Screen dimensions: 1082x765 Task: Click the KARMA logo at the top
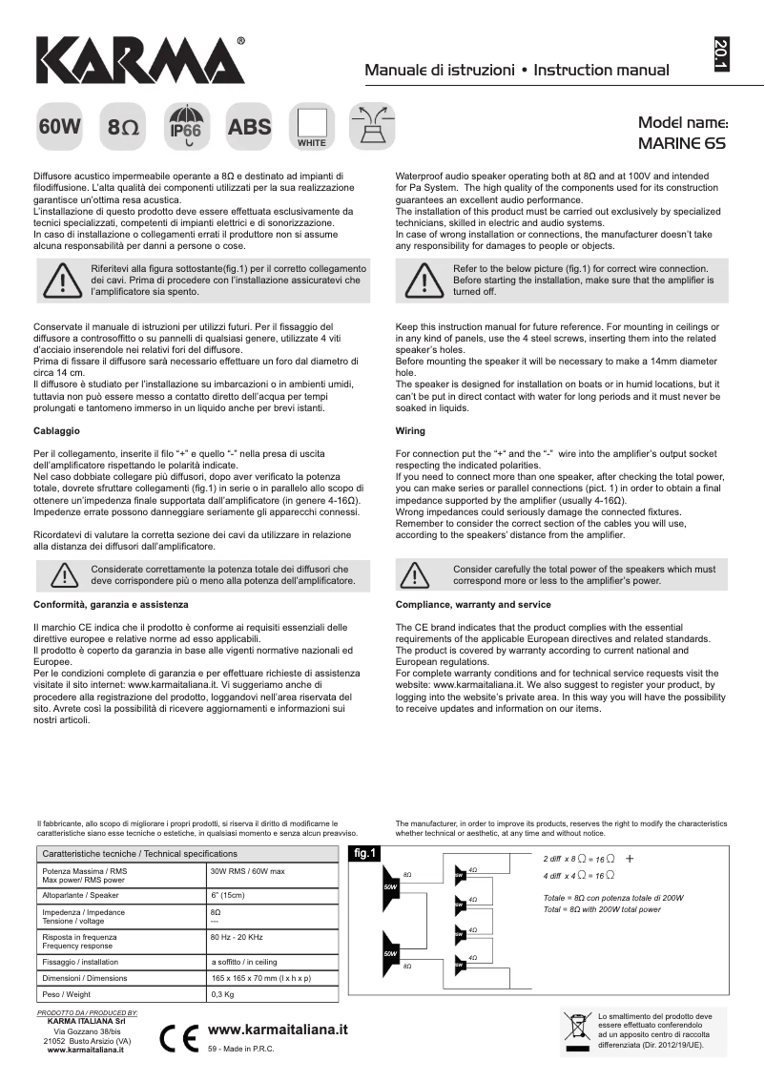click(x=141, y=61)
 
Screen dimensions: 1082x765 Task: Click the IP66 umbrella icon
click(x=185, y=126)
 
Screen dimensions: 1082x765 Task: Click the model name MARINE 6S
click(x=681, y=144)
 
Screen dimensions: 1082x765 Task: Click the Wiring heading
click(x=410, y=431)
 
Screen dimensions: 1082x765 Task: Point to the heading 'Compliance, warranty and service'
click(x=473, y=605)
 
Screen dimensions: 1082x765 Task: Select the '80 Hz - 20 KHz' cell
click(x=237, y=937)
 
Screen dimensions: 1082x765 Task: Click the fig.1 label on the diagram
click(x=364, y=852)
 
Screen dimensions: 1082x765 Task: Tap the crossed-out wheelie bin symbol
click(x=577, y=1030)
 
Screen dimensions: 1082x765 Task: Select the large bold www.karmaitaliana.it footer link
click(x=277, y=1030)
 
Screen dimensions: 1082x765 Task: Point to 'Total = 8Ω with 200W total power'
click(x=602, y=909)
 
